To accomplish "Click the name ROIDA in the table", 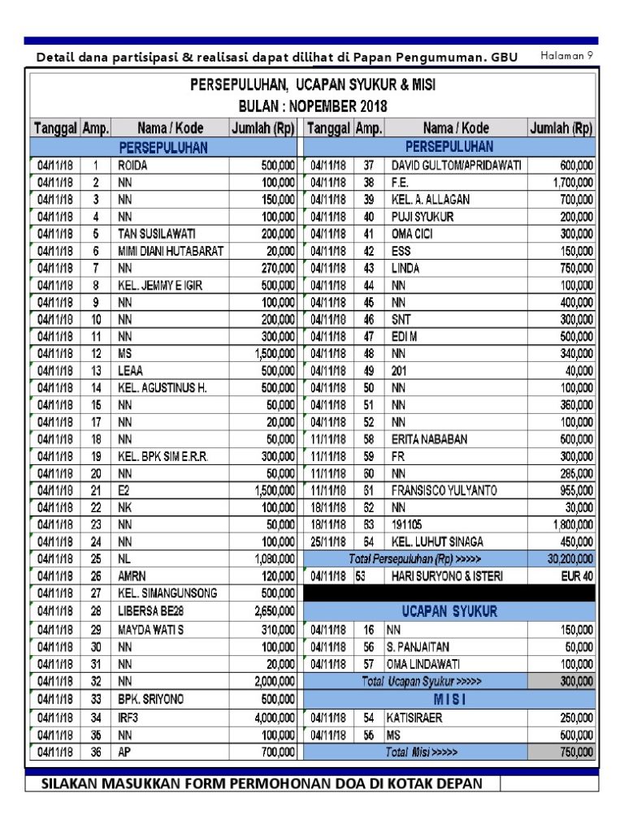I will point(135,165).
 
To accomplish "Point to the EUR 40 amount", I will point(576,576).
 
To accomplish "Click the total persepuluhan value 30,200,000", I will point(563,559).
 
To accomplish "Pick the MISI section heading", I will point(448,699).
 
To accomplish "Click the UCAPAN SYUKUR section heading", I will point(448,610).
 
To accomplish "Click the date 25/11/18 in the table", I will point(328,542).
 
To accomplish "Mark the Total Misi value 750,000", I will point(572,752).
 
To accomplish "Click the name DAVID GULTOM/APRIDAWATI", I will point(456,165).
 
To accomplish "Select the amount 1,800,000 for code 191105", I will point(571,524).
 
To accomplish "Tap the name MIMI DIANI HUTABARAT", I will point(171,251).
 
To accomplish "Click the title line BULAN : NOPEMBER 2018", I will point(313,106).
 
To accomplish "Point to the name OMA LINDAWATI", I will point(427,664).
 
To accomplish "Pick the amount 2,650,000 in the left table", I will point(274,610).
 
